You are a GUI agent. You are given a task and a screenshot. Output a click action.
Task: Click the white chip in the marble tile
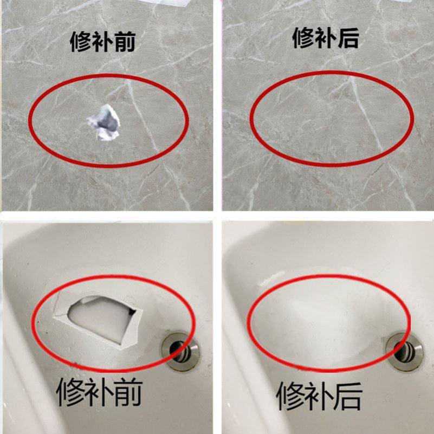tap(104, 122)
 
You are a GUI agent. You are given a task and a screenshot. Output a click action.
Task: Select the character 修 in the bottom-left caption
tap(73, 393)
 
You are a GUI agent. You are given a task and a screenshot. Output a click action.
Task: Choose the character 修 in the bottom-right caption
tap(293, 396)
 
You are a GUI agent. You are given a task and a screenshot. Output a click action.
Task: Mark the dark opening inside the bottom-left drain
tap(177, 348)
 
